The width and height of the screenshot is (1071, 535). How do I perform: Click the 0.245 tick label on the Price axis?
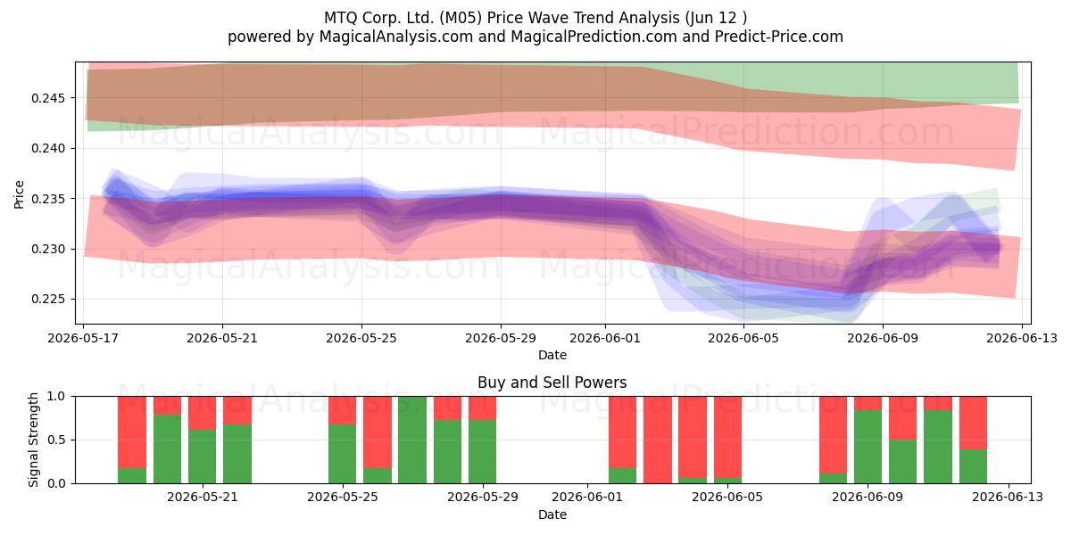click(50, 98)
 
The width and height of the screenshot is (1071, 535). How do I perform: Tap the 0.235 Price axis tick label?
click(50, 199)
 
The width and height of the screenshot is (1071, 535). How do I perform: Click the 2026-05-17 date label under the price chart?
click(83, 338)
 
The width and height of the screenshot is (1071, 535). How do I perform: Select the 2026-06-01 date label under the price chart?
click(605, 338)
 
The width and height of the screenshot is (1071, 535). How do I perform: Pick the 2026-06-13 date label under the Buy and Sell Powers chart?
click(1008, 497)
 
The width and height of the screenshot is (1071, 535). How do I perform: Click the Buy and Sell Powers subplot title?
click(552, 383)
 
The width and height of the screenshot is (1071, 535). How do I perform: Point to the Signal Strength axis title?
click(33, 440)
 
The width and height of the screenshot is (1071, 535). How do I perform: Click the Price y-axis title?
click(19, 194)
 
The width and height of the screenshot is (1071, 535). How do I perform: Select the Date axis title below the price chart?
click(552, 355)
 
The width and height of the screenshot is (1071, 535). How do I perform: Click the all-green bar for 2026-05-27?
click(412, 440)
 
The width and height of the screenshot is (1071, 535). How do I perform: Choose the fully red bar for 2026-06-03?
click(658, 440)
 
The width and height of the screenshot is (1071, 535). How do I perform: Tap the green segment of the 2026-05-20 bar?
click(168, 449)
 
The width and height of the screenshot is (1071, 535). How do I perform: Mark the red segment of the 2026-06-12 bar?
click(973, 423)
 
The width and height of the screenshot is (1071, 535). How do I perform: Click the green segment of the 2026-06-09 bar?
click(868, 447)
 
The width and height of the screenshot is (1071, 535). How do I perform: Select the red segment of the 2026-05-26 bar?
click(378, 432)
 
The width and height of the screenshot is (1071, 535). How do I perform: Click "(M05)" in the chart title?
click(461, 18)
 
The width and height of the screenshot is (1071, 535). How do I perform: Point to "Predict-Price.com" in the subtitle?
click(779, 37)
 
